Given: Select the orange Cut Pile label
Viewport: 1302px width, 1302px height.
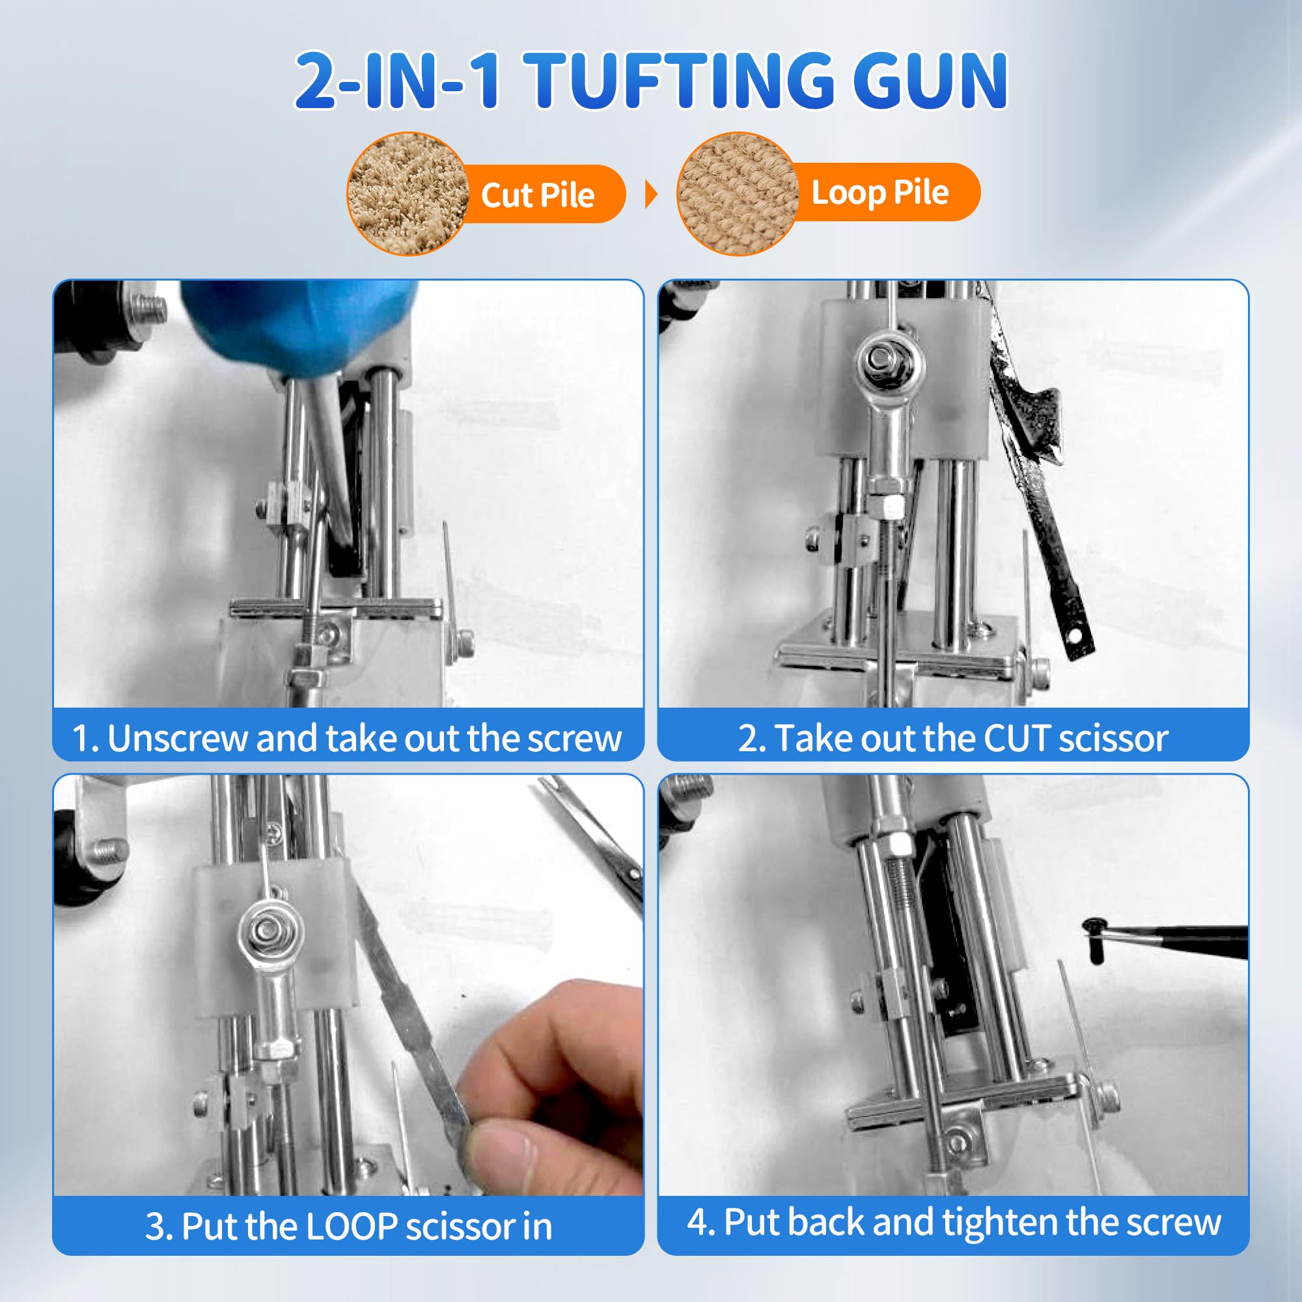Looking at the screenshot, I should pyautogui.click(x=538, y=195).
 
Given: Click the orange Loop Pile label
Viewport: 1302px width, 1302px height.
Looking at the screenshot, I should pyautogui.click(x=880, y=193).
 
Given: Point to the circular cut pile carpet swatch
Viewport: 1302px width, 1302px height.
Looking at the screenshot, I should pyautogui.click(x=407, y=194).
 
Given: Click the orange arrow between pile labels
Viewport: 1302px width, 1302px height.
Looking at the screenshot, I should pyautogui.click(x=650, y=194).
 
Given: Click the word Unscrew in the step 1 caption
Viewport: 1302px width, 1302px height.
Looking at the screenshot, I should pyautogui.click(x=178, y=739).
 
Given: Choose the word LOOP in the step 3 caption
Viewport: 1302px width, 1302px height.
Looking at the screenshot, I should pyautogui.click(x=352, y=1226).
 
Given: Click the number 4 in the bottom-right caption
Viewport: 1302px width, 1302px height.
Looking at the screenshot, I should pyautogui.click(x=697, y=1222).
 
